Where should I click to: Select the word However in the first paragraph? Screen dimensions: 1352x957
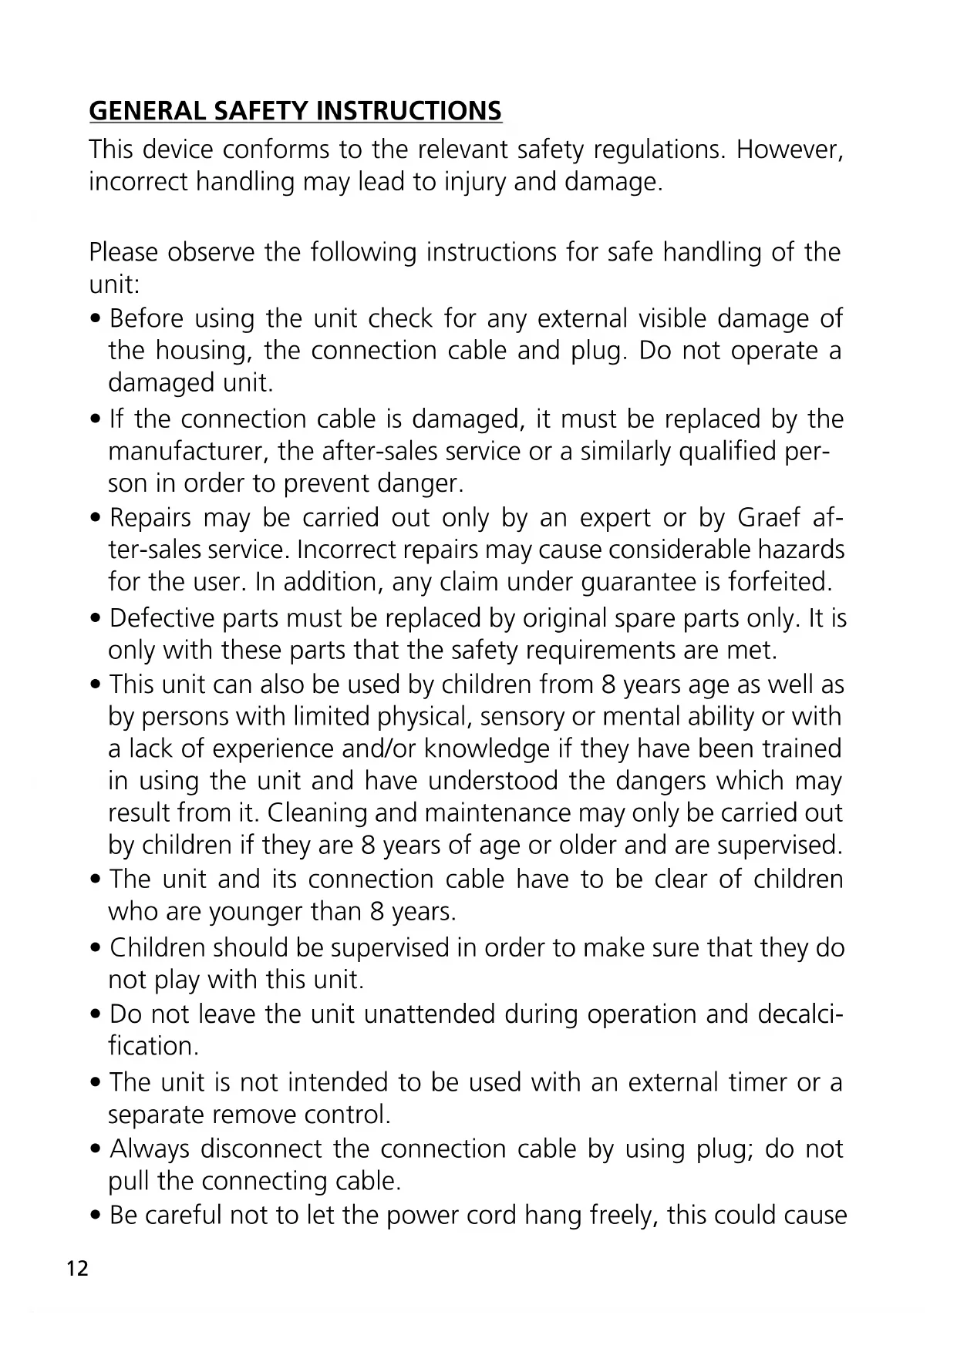(788, 150)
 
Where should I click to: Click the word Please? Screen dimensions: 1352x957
(123, 253)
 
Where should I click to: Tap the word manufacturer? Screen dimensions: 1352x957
(189, 452)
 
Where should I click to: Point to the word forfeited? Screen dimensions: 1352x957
(780, 582)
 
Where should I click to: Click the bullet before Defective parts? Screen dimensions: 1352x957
(95, 620)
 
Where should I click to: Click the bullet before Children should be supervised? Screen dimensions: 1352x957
(95, 949)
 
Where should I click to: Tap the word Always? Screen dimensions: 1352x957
(149, 1149)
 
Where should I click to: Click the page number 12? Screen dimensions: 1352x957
(78, 1269)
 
